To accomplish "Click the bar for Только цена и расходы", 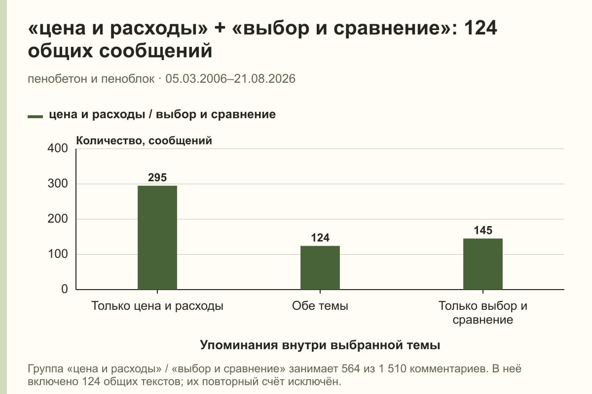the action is pos(157,237).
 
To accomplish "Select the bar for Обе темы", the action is pos(320,267).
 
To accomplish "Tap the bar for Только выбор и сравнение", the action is pos(483,264).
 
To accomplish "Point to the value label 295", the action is pos(157,178).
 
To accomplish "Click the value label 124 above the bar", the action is pos(320,238).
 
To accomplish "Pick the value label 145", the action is pos(483,230).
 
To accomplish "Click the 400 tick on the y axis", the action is pos(58,148).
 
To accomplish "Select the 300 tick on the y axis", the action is pos(58,184).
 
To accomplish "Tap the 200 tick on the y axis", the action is pos(58,219).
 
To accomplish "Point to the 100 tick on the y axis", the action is pos(58,254).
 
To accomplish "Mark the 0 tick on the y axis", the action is pos(65,289).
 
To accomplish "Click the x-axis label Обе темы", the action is pos(320,306).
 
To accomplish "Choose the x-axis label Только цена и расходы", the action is pos(157,306).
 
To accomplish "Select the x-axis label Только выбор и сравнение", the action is pos(483,313).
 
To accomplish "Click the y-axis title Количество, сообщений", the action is pos(144,141).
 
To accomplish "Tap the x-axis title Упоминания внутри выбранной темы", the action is pos(320,345).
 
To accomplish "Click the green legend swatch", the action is pos(35,117).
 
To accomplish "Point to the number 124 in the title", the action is pos(480,28).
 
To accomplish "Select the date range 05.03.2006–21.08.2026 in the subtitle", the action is pos(230,79).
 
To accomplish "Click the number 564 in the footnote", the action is pos(351,369).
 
